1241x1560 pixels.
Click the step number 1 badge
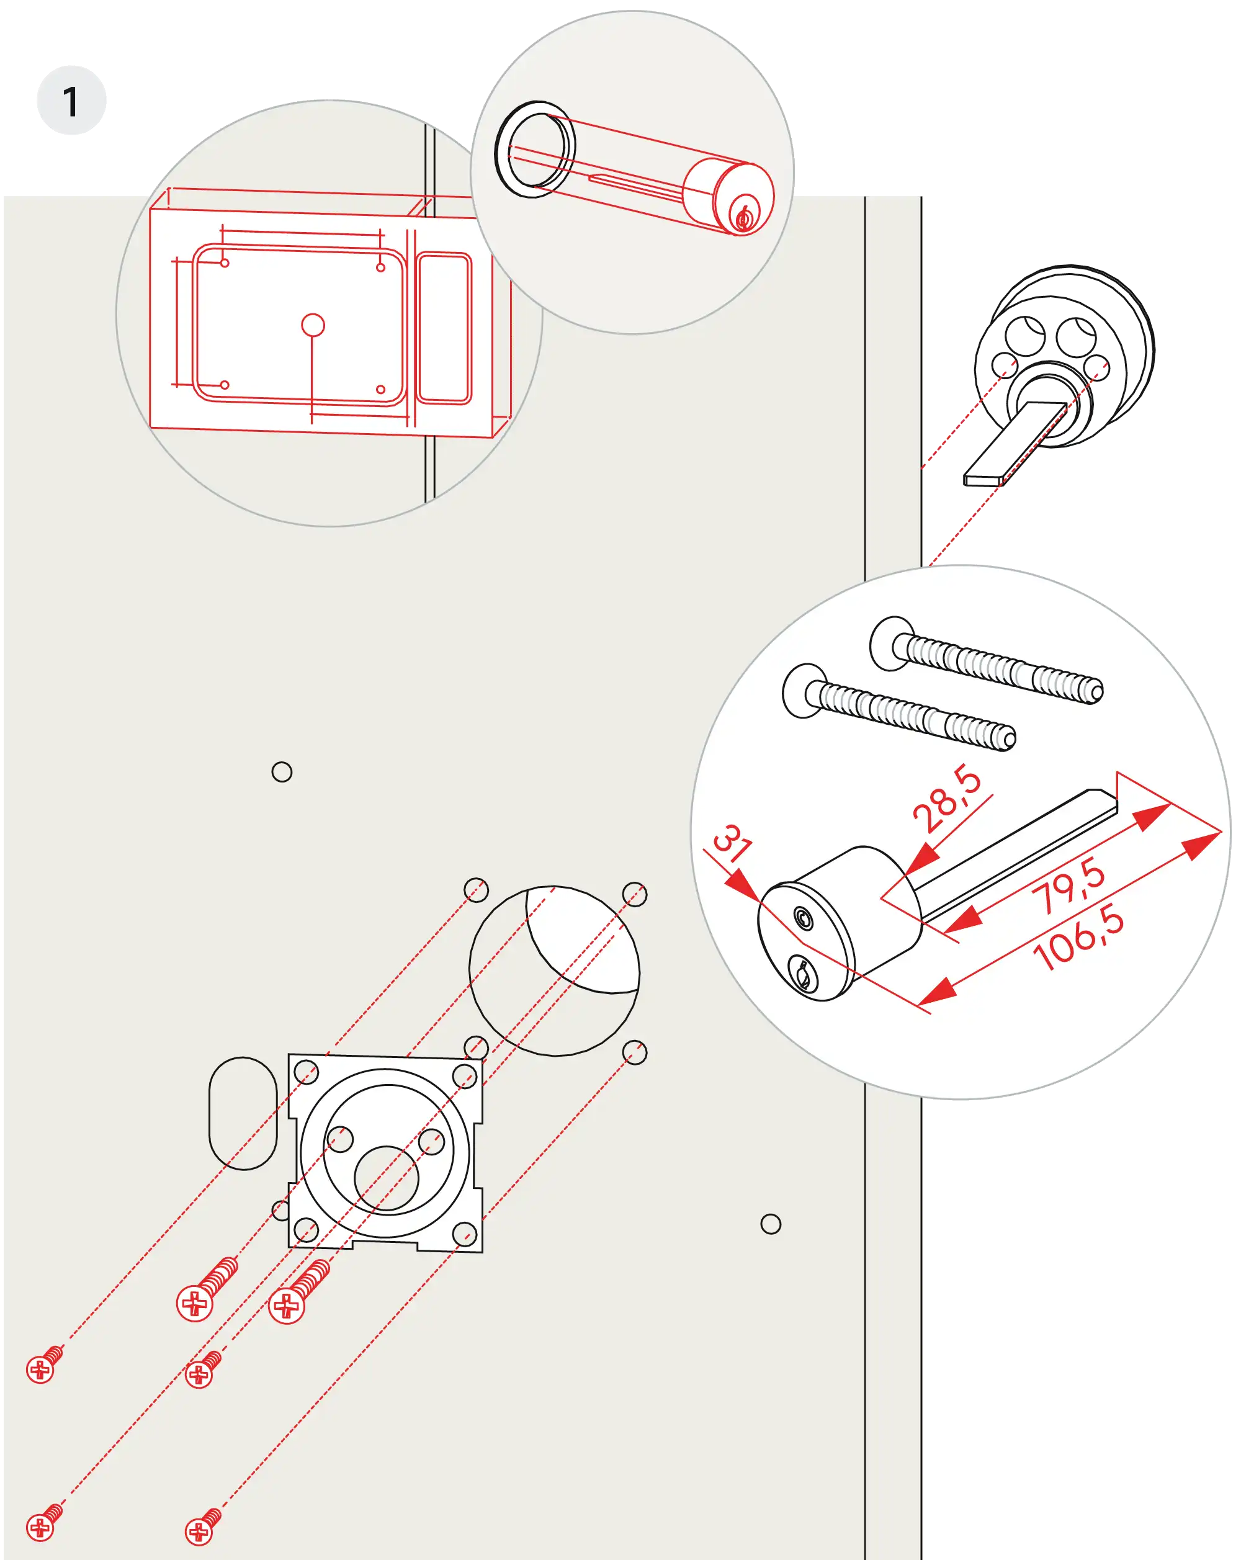71,101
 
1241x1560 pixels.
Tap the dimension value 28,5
946,799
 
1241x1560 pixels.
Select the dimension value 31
732,844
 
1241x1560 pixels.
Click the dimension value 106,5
1078,938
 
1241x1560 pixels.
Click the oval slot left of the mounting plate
243,1113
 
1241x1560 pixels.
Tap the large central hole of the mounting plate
387,1178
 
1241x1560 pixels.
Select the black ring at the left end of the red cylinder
534,150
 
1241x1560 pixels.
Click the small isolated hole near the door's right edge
771,1224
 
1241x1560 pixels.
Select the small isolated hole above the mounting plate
282,772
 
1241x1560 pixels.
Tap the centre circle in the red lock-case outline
313,325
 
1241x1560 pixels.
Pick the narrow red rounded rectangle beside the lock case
444,328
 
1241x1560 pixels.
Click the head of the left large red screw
195,1304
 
